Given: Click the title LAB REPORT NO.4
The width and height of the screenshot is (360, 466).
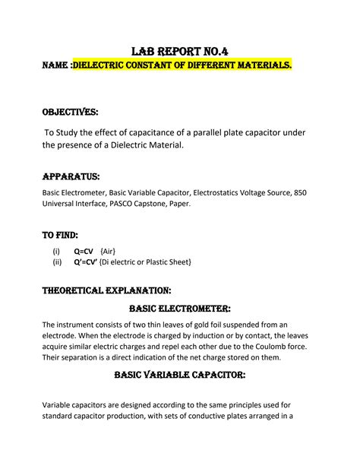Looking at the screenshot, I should (180, 52).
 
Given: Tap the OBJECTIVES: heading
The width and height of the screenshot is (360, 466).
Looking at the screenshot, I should (70, 113).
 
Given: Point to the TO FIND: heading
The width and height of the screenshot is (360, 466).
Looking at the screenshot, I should (60, 235).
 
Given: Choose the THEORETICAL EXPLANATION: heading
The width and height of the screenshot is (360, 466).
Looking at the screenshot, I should (106, 290).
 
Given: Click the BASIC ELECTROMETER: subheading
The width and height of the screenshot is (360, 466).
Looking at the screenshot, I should (180, 308).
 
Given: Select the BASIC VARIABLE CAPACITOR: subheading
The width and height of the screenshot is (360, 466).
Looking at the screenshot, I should (180, 376).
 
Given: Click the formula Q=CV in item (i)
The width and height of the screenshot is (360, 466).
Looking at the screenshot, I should (84, 251).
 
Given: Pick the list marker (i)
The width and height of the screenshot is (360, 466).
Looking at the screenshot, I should (56, 251).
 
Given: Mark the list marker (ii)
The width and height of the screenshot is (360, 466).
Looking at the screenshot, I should (57, 262).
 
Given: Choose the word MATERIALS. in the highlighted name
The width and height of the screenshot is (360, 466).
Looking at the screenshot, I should (261, 67).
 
